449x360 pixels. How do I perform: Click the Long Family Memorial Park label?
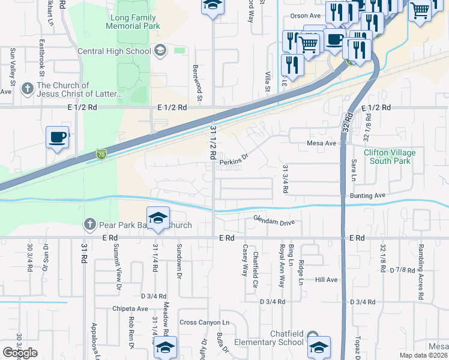point(133,22)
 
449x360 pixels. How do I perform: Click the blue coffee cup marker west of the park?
point(58,137)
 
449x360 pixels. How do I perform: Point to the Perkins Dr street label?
point(234,161)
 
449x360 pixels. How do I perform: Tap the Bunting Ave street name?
point(367,196)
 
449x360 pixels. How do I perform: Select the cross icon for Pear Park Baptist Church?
point(89,225)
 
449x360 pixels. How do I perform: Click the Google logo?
point(20,353)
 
